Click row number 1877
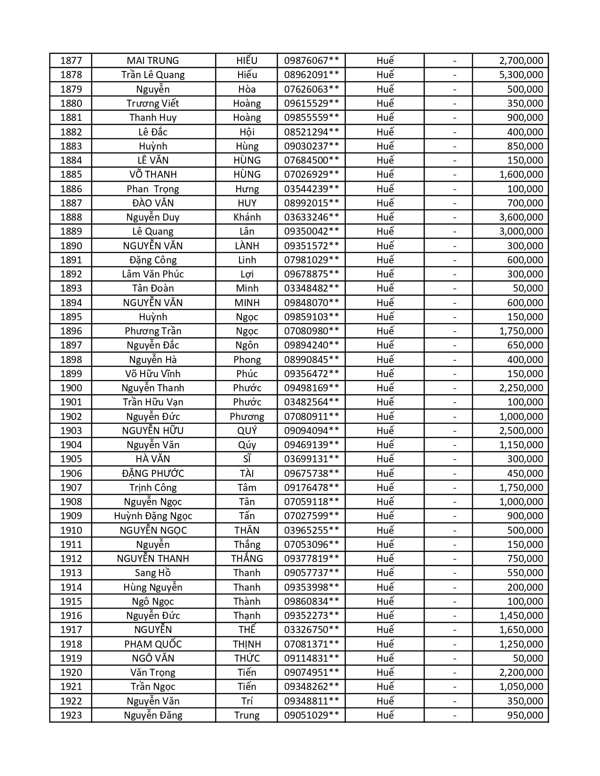[x=71, y=61]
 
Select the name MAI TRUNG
[x=153, y=61]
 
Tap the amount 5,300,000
[x=521, y=75]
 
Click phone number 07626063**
[x=311, y=89]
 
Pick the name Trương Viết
[x=153, y=103]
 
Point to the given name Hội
[x=247, y=132]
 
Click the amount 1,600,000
[x=521, y=174]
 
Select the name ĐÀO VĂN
[x=153, y=203]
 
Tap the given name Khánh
[x=247, y=217]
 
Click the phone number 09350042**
[x=311, y=231]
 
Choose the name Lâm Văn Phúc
[x=153, y=274]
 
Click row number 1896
[x=71, y=331]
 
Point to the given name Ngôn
[x=247, y=345]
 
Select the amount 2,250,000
[x=521, y=388]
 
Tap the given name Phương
[x=247, y=417]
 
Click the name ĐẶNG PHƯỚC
[x=153, y=474]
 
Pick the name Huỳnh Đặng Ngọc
[x=153, y=516]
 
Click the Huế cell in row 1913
[x=384, y=573]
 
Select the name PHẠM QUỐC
[x=153, y=644]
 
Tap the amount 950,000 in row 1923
[x=525, y=715]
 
